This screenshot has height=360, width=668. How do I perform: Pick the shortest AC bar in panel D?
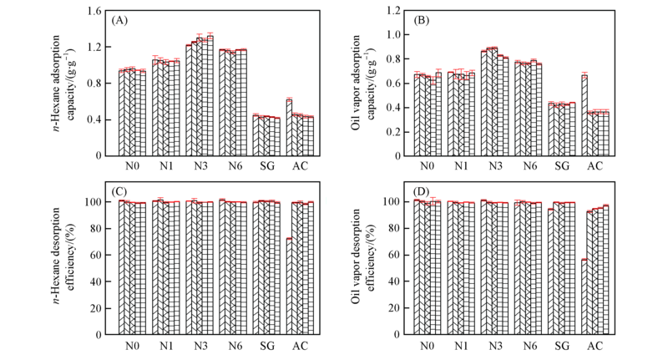(x=584, y=297)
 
